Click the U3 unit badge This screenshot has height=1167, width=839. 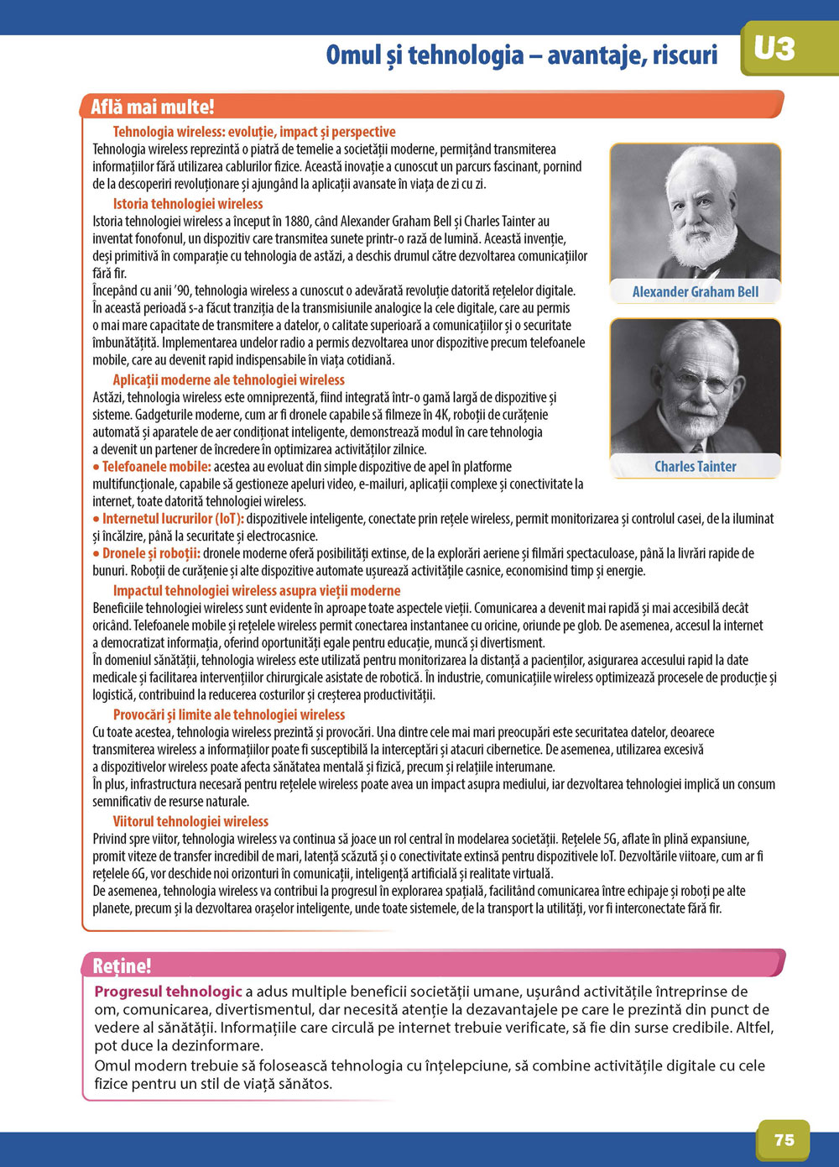[774, 48]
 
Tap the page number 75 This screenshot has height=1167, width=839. [784, 1139]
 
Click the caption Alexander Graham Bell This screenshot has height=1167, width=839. [695, 292]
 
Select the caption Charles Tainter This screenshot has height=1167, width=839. [695, 467]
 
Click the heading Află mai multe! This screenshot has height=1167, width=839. [152, 107]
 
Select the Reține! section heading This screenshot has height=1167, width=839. [122, 966]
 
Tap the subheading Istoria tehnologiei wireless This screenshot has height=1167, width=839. [188, 204]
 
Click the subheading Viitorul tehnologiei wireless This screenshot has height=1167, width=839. [190, 821]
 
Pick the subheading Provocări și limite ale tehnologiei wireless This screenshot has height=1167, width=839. [229, 714]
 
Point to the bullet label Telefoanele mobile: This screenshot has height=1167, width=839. [156, 467]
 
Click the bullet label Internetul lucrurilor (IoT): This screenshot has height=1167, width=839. [173, 519]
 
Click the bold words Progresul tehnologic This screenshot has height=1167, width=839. [168, 992]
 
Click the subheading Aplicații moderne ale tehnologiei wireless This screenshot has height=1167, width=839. [229, 379]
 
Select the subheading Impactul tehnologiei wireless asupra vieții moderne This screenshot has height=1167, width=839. [257, 590]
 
